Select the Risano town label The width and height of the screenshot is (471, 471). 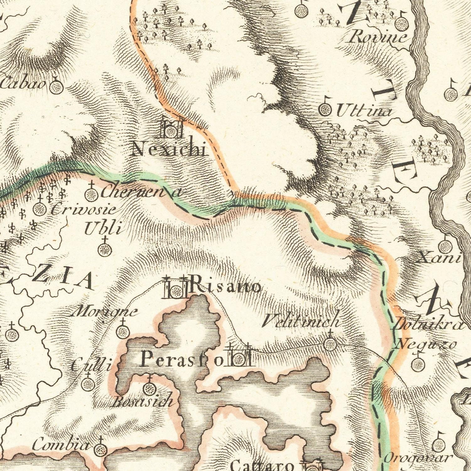(x=225, y=286)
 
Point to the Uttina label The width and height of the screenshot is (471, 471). (x=364, y=111)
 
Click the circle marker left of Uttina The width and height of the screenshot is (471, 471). (x=325, y=109)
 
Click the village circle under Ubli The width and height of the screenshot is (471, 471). (x=105, y=250)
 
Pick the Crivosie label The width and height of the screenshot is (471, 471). (x=83, y=210)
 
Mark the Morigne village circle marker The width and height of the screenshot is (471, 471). (x=122, y=331)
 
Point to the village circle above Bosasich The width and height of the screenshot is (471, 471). (x=149, y=388)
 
